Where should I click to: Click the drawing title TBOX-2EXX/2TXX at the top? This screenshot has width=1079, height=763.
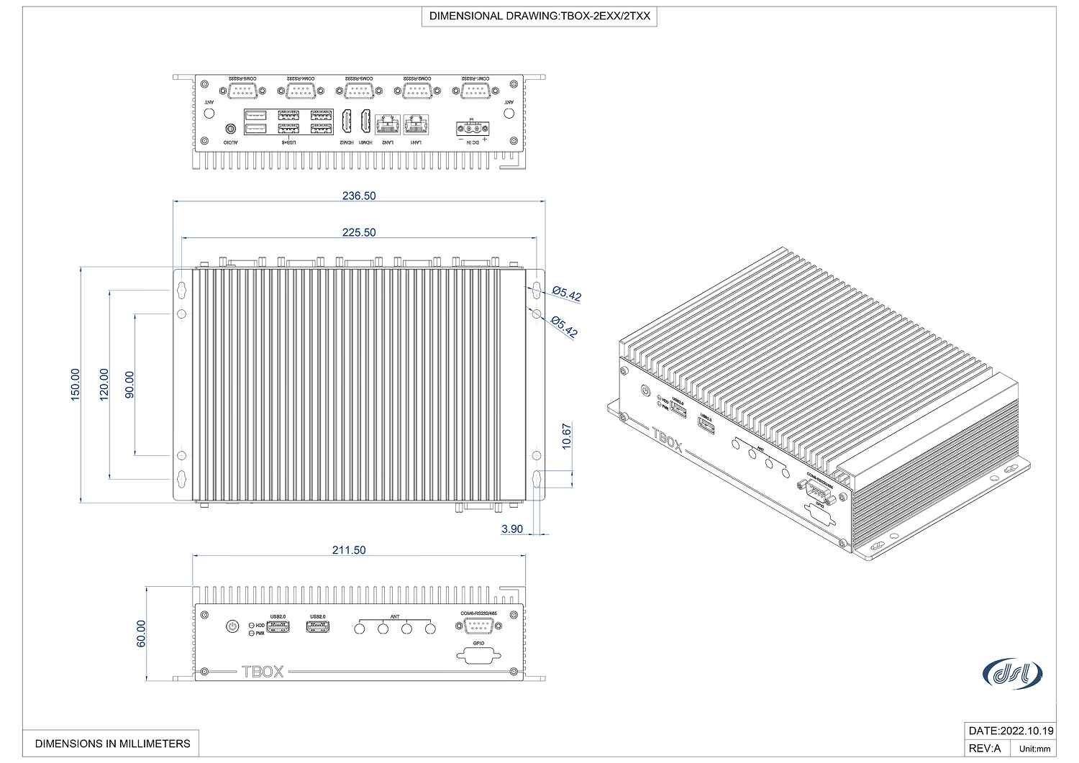539,16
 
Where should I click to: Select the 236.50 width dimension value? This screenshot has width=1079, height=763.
359,196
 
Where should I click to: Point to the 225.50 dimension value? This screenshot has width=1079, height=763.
359,232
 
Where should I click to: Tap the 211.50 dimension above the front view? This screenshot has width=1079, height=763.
349,550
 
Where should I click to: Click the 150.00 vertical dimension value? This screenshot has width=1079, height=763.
76,385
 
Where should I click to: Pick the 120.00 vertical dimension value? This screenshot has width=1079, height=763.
104,385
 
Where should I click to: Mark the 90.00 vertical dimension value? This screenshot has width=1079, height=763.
129,385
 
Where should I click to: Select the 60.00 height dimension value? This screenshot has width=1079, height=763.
141,634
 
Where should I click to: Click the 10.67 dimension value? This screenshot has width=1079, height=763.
567,437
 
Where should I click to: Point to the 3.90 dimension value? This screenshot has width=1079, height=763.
512,529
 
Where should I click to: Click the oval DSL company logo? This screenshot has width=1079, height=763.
1012,673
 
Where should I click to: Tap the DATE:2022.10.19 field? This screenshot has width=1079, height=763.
1011,731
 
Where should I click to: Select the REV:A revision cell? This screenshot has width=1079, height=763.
985,748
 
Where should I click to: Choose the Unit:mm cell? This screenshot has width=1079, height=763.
1034,749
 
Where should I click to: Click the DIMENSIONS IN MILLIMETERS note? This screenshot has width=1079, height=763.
113,744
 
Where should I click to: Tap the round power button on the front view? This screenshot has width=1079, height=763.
232,626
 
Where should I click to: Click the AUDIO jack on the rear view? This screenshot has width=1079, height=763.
230,129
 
